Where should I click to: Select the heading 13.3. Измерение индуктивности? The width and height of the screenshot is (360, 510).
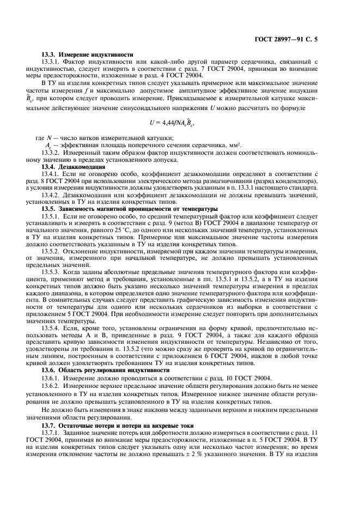pos(88,55)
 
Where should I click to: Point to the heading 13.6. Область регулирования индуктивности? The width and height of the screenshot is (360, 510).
pos(106,369)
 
